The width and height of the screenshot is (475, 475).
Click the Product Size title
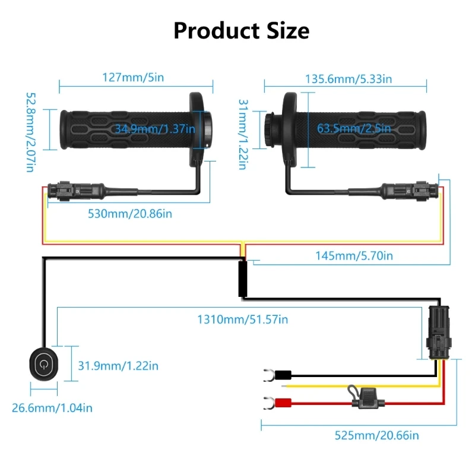(x=241, y=30)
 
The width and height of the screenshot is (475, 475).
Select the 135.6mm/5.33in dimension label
(x=349, y=78)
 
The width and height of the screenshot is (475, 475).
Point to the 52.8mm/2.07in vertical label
(x=30, y=131)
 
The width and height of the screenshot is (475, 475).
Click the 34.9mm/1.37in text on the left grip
(x=155, y=128)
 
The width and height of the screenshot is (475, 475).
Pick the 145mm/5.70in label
(x=354, y=256)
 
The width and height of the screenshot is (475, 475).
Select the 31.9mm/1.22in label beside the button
(x=118, y=366)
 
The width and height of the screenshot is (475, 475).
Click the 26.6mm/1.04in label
(x=52, y=407)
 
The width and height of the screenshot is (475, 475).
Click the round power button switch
(x=43, y=363)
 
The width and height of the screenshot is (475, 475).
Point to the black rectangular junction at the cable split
(x=242, y=279)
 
